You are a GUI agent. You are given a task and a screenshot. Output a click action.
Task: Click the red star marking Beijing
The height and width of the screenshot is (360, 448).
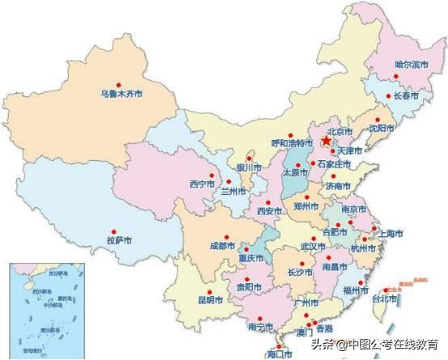click(327, 141)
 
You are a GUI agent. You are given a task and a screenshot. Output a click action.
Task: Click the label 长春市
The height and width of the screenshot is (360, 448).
click(406, 95)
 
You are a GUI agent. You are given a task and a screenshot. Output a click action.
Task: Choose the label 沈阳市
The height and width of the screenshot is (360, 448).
click(385, 128)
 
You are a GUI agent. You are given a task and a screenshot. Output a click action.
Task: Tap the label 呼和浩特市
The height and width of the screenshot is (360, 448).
click(290, 142)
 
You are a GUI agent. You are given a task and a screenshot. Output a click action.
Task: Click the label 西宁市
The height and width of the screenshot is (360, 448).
click(201, 184)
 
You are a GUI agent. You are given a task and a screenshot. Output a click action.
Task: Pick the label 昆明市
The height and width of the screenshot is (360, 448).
click(209, 300)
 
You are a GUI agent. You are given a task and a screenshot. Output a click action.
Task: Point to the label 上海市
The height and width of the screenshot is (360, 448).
click(390, 234)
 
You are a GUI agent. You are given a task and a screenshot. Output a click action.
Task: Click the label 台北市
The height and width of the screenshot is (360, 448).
click(384, 299)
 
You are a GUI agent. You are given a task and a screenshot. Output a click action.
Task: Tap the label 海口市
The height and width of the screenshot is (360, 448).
click(279, 354)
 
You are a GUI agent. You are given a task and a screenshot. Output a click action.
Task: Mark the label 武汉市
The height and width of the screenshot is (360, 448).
click(313, 245)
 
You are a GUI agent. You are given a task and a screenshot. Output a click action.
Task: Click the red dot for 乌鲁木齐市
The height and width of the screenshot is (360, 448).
click(118, 84)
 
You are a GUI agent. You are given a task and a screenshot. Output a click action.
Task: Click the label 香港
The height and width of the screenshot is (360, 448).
click(324, 329)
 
